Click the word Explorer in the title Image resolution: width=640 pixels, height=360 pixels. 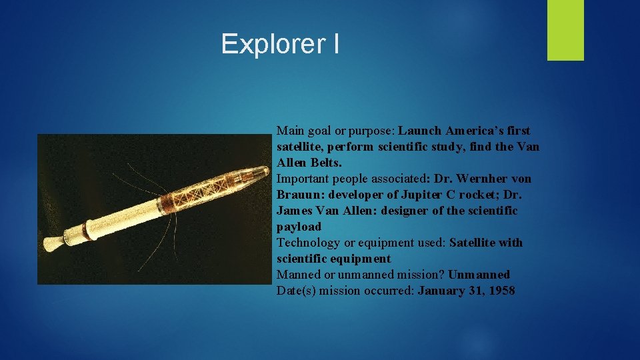pyautogui.click(x=270, y=45)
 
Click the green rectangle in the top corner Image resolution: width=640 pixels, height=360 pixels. pyautogui.click(x=565, y=30)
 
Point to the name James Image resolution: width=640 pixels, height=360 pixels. pyautogui.click(x=294, y=211)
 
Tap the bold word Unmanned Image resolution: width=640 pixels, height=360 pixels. pyautogui.click(x=479, y=275)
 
